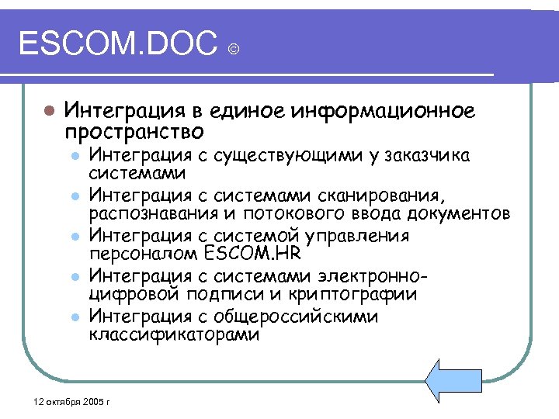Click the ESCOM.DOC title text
(116, 45)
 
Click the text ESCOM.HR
(255, 254)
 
